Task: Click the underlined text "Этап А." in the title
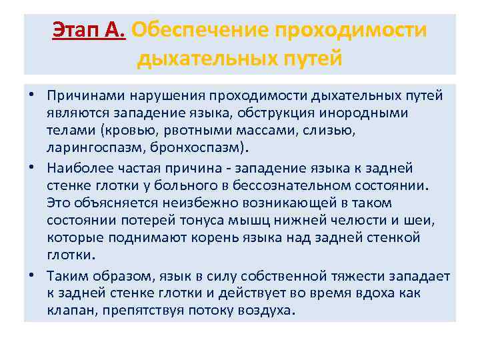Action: (x=89, y=31)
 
